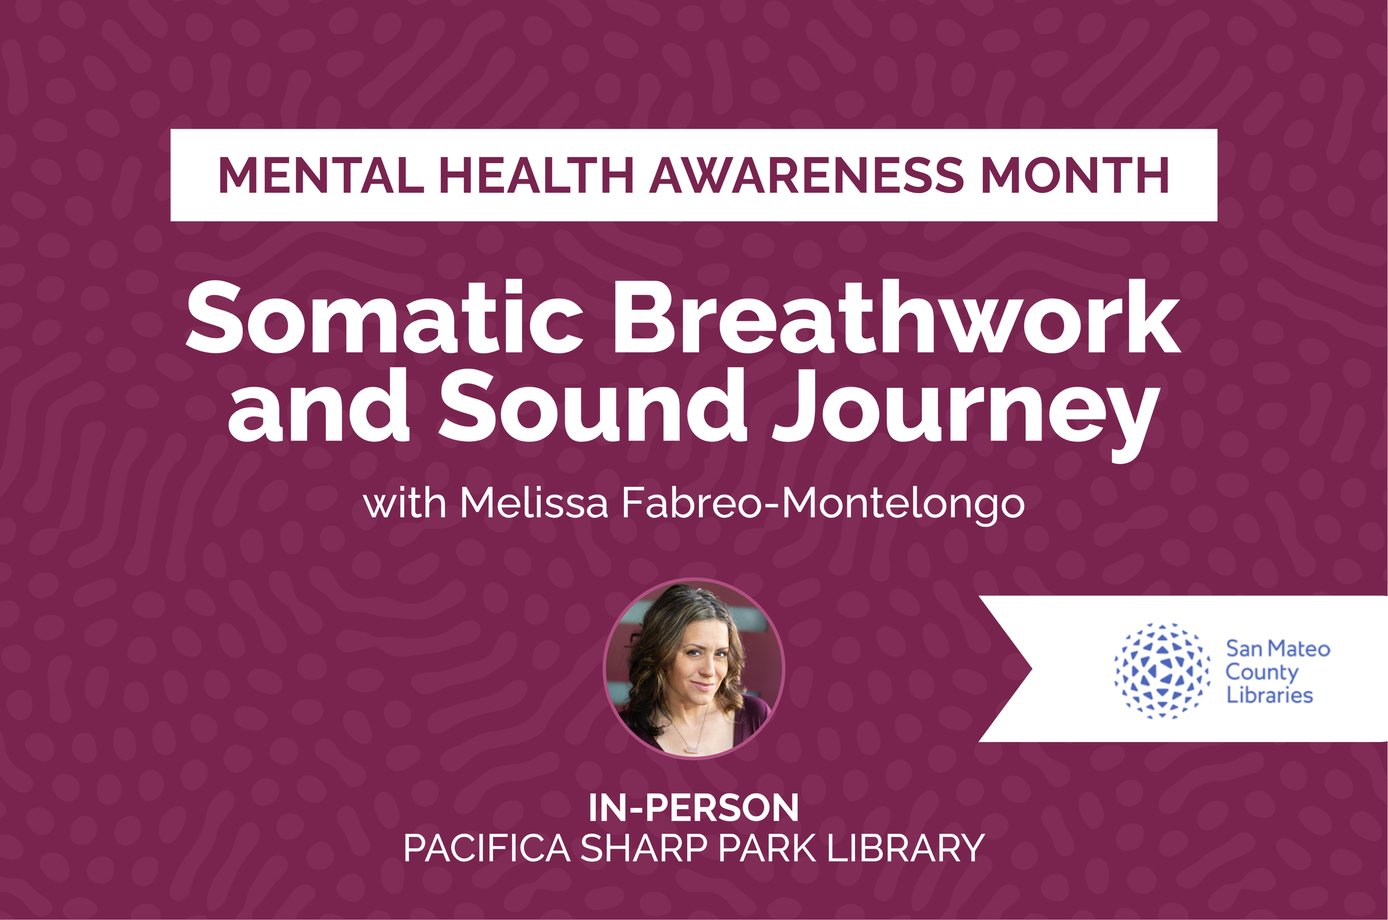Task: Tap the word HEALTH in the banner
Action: click(536, 175)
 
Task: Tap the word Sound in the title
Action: click(593, 406)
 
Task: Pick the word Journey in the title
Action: click(965, 411)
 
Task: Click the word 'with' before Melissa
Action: click(405, 503)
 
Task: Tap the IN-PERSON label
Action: click(693, 808)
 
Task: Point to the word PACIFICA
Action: click(486, 848)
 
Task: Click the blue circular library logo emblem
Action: click(1162, 671)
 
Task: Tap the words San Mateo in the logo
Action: click(1277, 649)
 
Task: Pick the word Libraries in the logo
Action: click(1269, 695)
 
